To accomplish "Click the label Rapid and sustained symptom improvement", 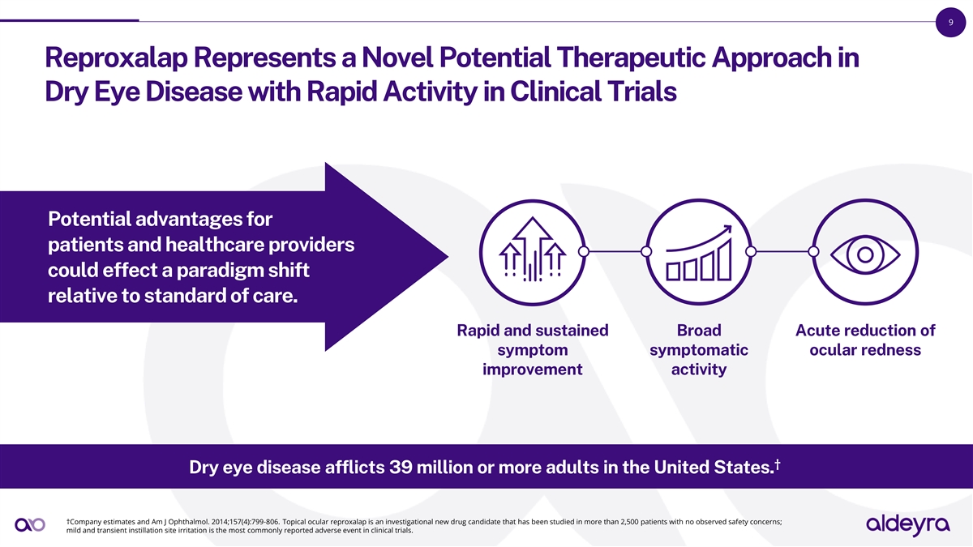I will [532, 350].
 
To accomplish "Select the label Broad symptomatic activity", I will [699, 350].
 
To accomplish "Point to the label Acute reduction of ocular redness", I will [865, 340].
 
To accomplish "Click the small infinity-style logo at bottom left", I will [30, 525].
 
